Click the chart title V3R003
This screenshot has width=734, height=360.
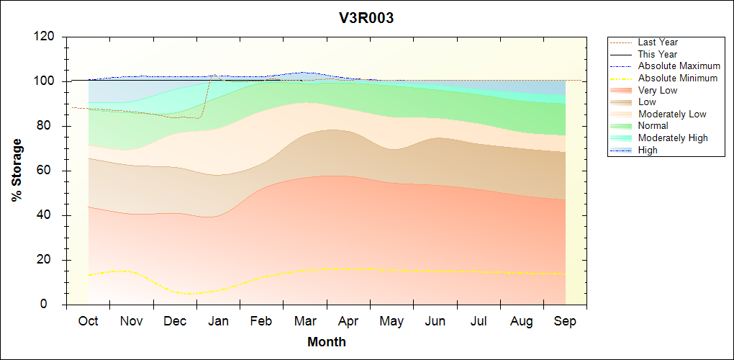pyautogui.click(x=366, y=18)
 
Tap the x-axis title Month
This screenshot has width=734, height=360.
pyautogui.click(x=327, y=342)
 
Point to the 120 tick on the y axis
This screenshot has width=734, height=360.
pyautogui.click(x=45, y=37)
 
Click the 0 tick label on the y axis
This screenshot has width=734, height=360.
pyautogui.click(x=53, y=305)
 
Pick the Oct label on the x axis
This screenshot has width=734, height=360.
pyautogui.click(x=89, y=321)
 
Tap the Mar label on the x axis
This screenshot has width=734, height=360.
pyautogui.click(x=305, y=321)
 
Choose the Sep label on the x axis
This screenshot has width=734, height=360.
pyautogui.click(x=565, y=321)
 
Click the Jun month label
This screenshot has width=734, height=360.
pyautogui.click(x=435, y=321)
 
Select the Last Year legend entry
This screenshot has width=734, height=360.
pyautogui.click(x=658, y=42)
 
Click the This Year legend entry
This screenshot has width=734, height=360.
pyautogui.click(x=658, y=54)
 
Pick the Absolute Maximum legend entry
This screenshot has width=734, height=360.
pyautogui.click(x=679, y=66)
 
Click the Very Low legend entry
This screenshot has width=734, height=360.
pyautogui.click(x=658, y=90)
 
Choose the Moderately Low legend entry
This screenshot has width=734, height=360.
pyautogui.click(x=672, y=114)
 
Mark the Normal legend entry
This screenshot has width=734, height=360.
pyautogui.click(x=653, y=126)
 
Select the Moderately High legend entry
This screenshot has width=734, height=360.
pyautogui.click(x=673, y=138)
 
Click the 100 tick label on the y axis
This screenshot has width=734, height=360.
pyautogui.click(x=45, y=81)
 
